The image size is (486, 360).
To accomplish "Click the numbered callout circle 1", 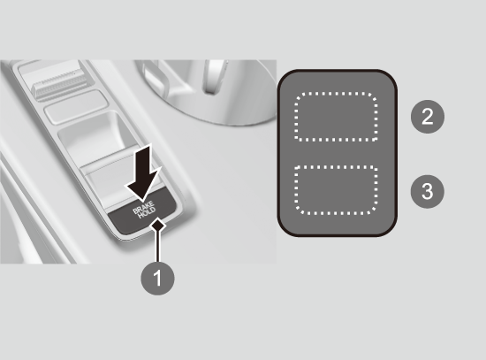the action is (x=157, y=278).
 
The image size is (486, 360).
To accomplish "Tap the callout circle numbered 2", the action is (x=428, y=117).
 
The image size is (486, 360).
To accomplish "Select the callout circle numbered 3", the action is (x=428, y=191).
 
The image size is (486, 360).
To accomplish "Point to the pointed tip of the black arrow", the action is (x=142, y=202).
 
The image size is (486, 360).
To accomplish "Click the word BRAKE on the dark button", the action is (x=143, y=207).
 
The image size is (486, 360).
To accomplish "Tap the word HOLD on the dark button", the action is (x=147, y=213).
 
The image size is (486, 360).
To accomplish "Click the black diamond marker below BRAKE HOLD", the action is (x=158, y=224).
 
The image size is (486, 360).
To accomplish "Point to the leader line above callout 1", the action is (x=158, y=246).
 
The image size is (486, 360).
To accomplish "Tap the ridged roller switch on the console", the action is (x=59, y=83).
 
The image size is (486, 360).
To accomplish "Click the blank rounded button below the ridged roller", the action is (x=76, y=106).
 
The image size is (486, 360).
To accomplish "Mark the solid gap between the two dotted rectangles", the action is (x=337, y=153).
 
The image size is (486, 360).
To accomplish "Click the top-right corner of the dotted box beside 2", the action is (x=377, y=94).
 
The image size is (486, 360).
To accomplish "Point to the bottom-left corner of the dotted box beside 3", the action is (x=296, y=213).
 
